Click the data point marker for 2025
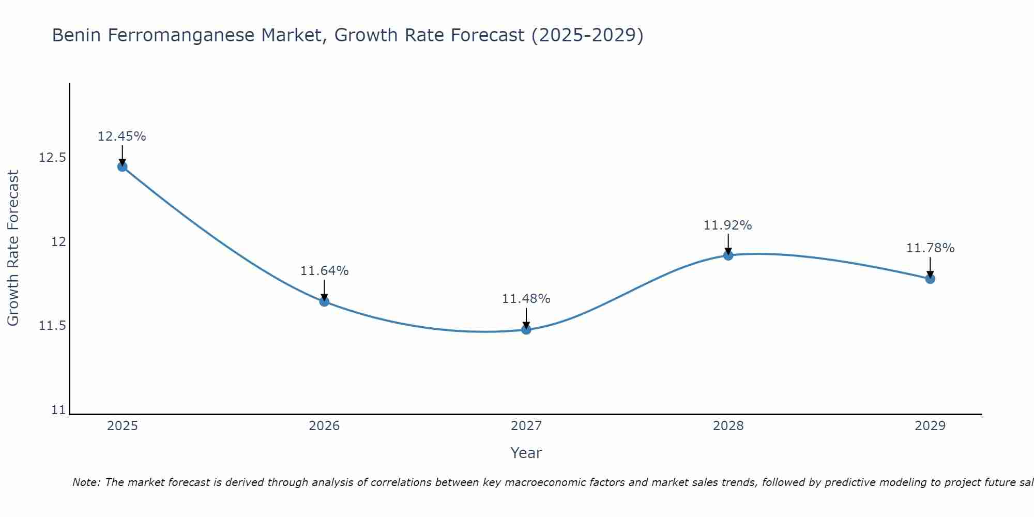tap(123, 166)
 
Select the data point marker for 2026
tap(324, 301)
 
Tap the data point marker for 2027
tap(526, 329)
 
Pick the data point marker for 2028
tap(728, 255)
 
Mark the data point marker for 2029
tap(930, 279)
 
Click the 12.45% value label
tap(122, 136)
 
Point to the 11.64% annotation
tap(324, 271)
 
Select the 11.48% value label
tap(526, 299)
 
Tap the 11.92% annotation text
tap(728, 225)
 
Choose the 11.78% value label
tap(930, 248)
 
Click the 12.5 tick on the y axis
tap(52, 158)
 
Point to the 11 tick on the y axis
tap(59, 410)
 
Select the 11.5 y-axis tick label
tap(52, 326)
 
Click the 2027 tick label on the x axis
tap(526, 426)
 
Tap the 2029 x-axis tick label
tap(930, 426)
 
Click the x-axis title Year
tap(526, 453)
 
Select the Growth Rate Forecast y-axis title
tap(13, 248)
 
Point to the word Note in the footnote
tap(86, 482)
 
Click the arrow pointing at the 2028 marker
tap(728, 244)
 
